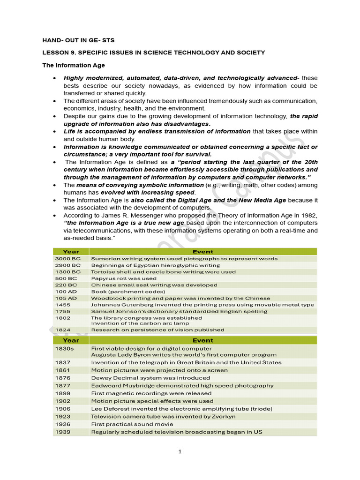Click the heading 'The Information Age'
74,65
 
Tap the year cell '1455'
63,305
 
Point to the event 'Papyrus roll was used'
124,278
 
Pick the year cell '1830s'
64,348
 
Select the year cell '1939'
63,432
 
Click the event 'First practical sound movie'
133,424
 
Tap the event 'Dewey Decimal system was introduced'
150,378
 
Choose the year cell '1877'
63,385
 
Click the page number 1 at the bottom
180,452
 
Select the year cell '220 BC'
66,285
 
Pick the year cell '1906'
63,409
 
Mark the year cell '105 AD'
65,298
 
